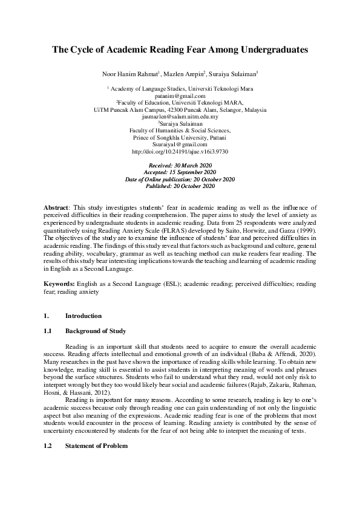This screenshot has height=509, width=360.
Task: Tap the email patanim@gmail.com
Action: (180, 96)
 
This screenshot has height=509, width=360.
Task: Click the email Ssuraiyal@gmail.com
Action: (180, 144)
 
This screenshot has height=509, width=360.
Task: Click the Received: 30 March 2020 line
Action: (180, 165)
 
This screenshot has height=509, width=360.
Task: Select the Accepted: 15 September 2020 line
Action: (180, 172)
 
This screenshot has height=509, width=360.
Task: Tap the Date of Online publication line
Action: (180, 180)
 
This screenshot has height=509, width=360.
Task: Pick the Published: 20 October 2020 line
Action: (180, 186)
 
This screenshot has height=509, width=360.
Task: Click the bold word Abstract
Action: (56, 207)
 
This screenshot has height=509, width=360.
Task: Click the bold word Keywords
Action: (58, 284)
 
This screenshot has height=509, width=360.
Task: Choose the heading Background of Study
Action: (96, 331)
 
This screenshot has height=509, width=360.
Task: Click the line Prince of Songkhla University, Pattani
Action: (180, 137)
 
